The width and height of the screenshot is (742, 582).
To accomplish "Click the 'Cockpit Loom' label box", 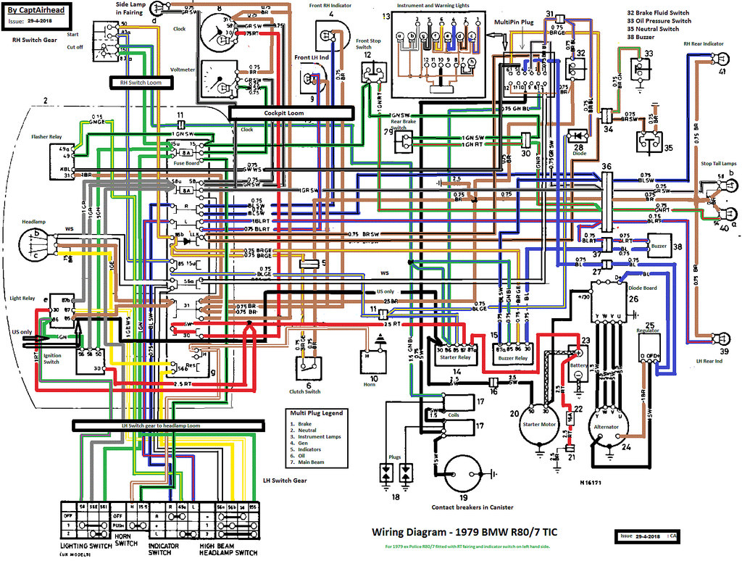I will (x=291, y=112).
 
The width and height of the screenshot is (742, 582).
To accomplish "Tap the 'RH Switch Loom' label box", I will (x=150, y=83).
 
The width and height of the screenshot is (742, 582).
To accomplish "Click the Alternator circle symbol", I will (x=606, y=427).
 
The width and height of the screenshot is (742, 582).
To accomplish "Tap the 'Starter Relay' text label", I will (x=454, y=357).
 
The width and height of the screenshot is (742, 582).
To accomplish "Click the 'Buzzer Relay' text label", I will (x=513, y=357).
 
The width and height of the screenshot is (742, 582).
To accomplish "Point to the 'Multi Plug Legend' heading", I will (x=316, y=412).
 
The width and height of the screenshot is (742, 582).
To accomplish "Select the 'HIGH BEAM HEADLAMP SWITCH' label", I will (x=229, y=549).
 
